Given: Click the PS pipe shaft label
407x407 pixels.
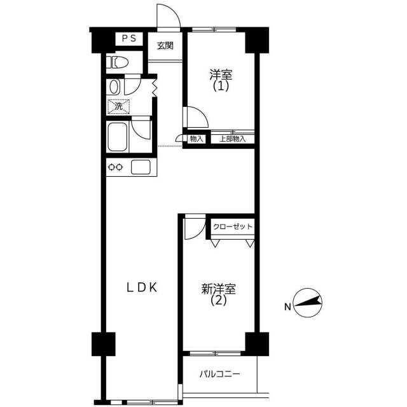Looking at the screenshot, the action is pos(129,39).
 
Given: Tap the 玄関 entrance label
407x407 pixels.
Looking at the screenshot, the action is pos(165,46).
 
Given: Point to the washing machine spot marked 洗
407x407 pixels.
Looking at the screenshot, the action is pos(119,106).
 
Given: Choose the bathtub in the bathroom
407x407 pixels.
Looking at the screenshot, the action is pos(118,137).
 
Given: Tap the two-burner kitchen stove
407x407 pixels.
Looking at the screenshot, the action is pos(115,167).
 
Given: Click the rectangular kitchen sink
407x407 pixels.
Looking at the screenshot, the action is pos(141,167).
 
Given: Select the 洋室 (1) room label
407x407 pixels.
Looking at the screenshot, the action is pos(221,80).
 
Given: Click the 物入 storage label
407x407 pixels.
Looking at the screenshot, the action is pos(197,139).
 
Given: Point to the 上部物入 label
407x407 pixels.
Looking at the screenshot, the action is pos(232,139).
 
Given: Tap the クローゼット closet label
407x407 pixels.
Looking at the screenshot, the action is pos(233,226).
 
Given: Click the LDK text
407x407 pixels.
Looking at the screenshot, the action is pos(142,287).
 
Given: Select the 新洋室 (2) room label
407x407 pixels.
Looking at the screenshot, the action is pos(219,294).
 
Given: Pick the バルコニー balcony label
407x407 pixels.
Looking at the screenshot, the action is pos(220,374).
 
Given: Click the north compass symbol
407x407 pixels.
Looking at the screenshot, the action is pos(308,303).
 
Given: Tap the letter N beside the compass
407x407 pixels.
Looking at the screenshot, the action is pos(287,307).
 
